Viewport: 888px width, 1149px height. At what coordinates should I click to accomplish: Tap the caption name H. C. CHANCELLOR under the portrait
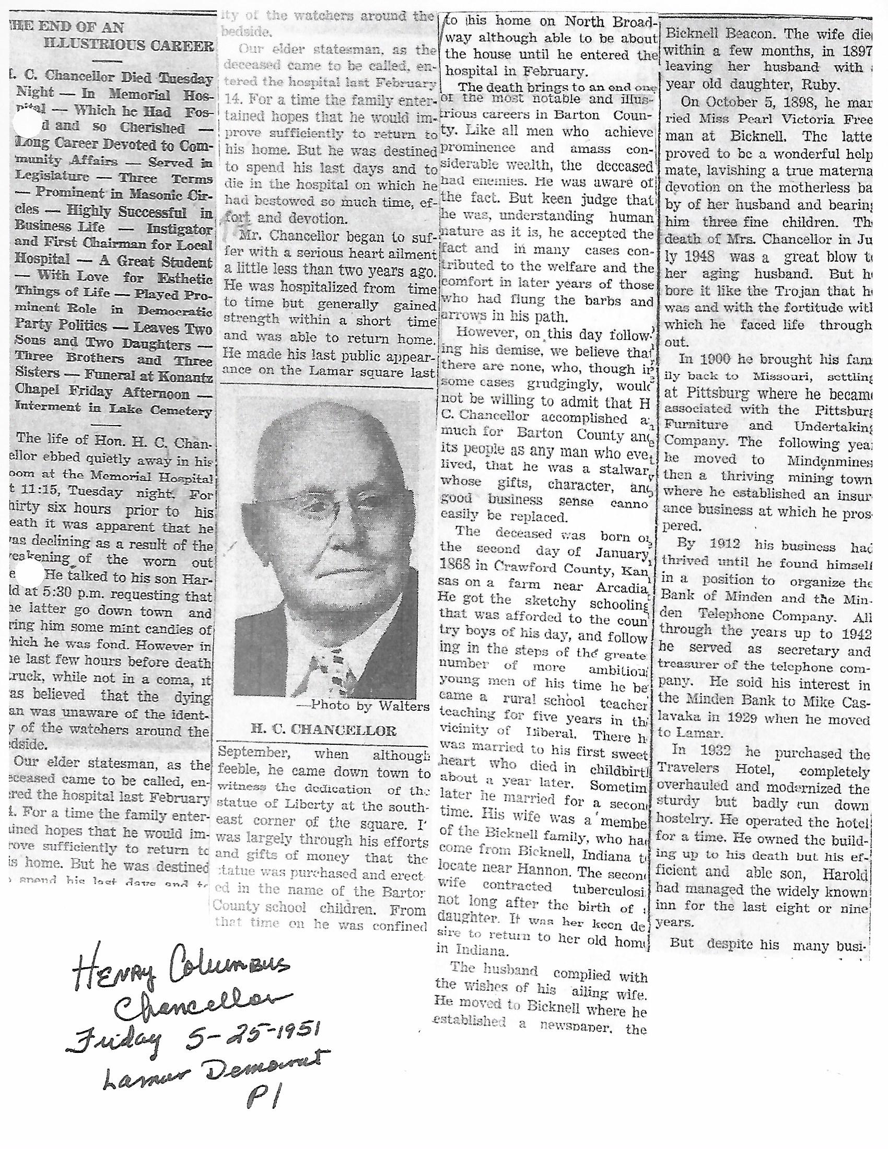coord(324,730)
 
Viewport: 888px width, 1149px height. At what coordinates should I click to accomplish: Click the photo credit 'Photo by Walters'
coord(368,706)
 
